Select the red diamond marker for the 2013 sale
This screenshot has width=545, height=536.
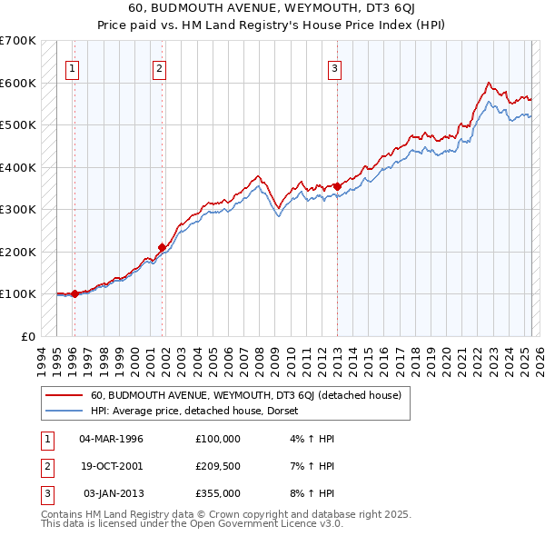pyautogui.click(x=337, y=186)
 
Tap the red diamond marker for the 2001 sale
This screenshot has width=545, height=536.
pyautogui.click(x=163, y=247)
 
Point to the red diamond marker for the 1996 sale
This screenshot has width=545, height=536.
pyautogui.click(x=74, y=293)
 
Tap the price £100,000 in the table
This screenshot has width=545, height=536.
pyautogui.click(x=217, y=439)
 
